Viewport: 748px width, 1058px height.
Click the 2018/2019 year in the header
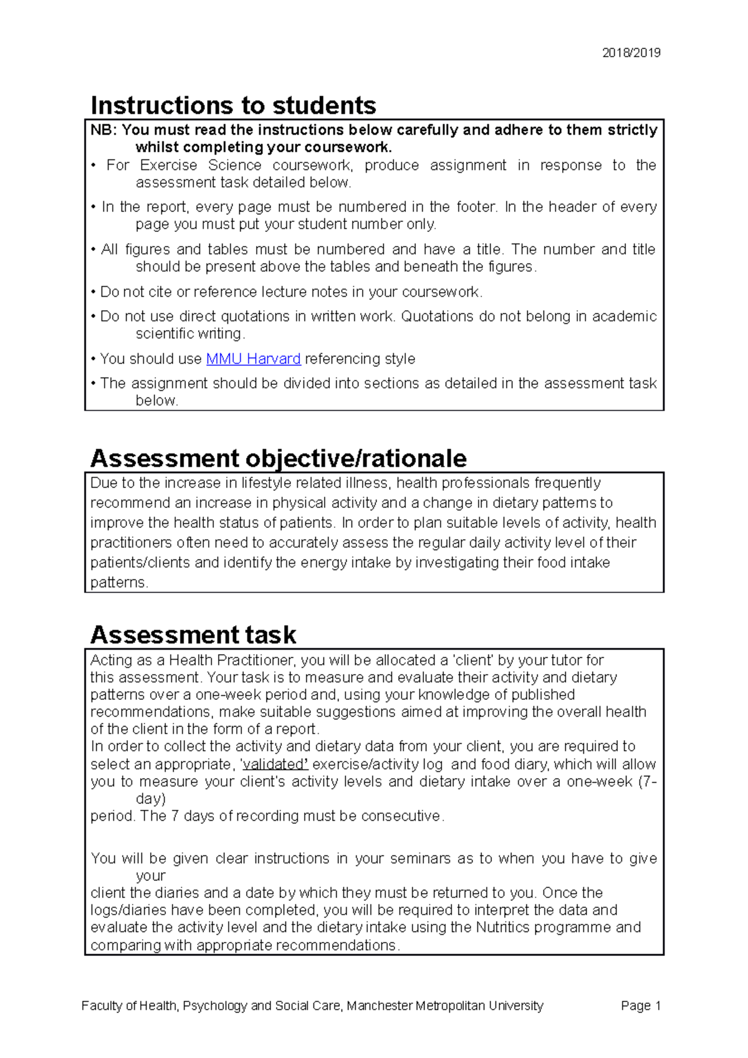(631, 53)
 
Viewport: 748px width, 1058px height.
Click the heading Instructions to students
(233, 105)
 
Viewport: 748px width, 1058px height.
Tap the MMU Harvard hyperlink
(253, 359)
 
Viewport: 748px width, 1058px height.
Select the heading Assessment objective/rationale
(278, 459)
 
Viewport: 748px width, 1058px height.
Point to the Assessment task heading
(193, 635)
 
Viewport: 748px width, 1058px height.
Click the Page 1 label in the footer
(640, 1006)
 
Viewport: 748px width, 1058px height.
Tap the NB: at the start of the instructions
(103, 130)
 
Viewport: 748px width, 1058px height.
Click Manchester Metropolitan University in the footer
(444, 1006)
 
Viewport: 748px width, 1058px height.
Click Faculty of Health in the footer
(129, 1006)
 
